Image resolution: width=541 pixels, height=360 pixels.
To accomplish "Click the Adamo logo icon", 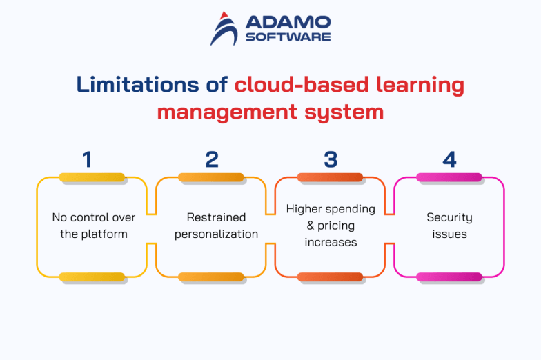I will pyautogui.click(x=224, y=28).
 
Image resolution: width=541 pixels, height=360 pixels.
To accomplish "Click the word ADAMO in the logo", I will pyautogui.click(x=288, y=23).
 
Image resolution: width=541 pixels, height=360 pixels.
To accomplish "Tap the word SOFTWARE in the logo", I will pyautogui.click(x=288, y=37).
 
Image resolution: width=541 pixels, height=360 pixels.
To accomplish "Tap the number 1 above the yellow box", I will pyautogui.click(x=87, y=159).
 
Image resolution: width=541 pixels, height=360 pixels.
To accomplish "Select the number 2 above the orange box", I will pyautogui.click(x=212, y=159).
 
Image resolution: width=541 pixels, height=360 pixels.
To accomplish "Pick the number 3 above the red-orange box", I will pyautogui.click(x=331, y=159).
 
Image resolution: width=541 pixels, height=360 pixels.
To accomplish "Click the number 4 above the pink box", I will pyautogui.click(x=449, y=159).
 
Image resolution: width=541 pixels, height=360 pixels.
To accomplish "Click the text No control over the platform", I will pyautogui.click(x=94, y=226).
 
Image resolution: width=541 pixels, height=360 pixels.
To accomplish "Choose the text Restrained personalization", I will pyautogui.click(x=216, y=226).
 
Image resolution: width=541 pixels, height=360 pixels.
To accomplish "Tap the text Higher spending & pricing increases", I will pyautogui.click(x=331, y=226).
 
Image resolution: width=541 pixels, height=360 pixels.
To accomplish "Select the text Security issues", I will pyautogui.click(x=449, y=226).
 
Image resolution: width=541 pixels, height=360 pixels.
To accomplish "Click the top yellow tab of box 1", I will pyautogui.click(x=92, y=177).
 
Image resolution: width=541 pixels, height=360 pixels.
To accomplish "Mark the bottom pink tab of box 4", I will pyautogui.click(x=449, y=277).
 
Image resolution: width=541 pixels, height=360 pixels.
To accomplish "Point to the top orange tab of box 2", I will pyautogui.click(x=211, y=177).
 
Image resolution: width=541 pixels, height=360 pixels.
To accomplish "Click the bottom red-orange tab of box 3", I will pyautogui.click(x=331, y=277).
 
